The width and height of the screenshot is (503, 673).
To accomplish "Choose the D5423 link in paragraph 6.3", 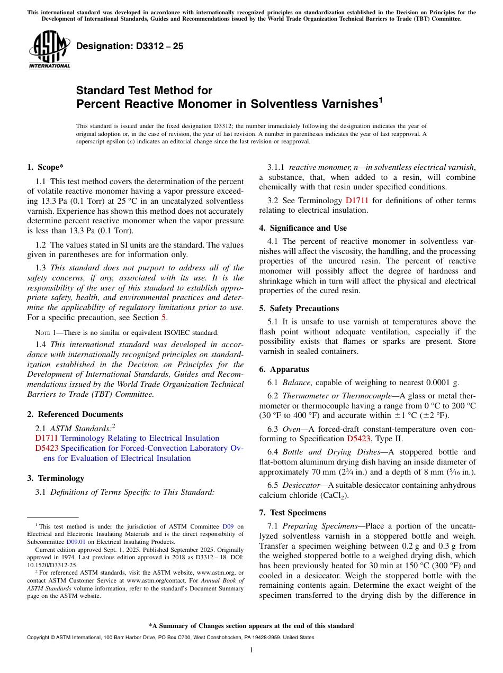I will click(x=358, y=439).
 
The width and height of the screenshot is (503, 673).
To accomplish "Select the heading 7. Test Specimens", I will click(x=292, y=513).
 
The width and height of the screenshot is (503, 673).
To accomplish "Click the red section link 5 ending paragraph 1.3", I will click(x=164, y=317).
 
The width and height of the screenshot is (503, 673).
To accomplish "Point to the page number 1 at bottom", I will click(x=251, y=650).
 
